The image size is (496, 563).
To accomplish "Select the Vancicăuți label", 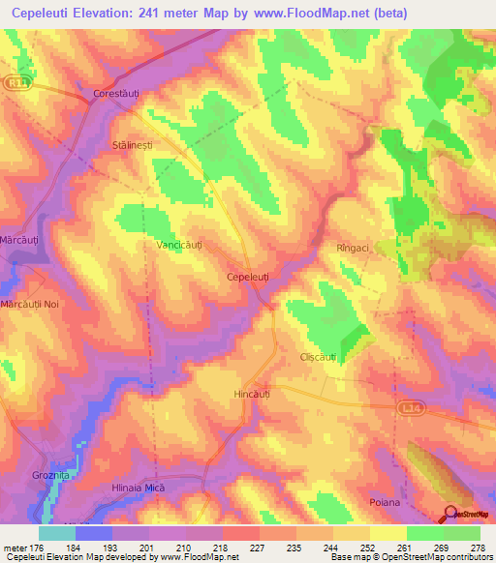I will (x=180, y=246).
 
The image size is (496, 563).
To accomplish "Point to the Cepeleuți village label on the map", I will (x=247, y=277).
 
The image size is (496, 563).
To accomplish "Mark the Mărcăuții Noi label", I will (x=38, y=304).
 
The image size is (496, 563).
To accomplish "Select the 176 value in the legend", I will (x=46, y=548).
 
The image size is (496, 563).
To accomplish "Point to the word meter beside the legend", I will (x=16, y=548).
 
